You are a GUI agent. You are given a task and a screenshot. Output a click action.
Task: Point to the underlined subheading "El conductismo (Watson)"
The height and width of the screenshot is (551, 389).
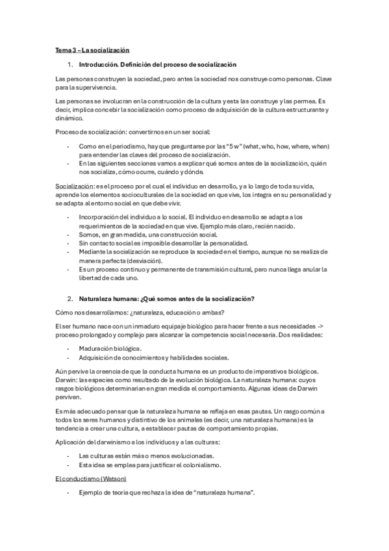pyautogui.click(x=91, y=478)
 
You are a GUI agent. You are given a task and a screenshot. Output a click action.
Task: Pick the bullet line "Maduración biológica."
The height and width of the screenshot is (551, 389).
pyautogui.click(x=110, y=349)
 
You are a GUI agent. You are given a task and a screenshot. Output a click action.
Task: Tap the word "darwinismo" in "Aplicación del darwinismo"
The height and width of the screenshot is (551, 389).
pyautogui.click(x=112, y=442)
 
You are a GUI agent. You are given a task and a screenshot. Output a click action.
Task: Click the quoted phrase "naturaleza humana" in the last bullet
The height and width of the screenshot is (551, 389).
pyautogui.click(x=218, y=493)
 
